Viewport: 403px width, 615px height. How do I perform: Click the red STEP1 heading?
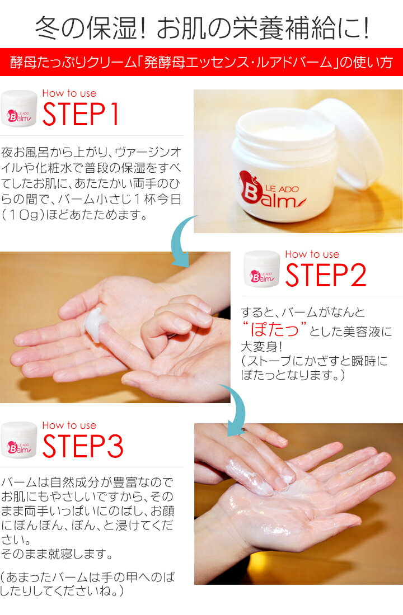(x=81, y=114)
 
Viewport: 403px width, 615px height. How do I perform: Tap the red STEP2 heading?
(x=326, y=275)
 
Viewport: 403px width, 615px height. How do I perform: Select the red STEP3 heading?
(x=82, y=446)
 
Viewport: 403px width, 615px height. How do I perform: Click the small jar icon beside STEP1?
(x=19, y=108)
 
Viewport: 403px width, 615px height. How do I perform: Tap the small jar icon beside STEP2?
(x=261, y=269)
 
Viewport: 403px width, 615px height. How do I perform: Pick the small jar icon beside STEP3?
(x=19, y=440)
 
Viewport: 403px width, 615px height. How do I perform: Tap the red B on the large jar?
(x=250, y=193)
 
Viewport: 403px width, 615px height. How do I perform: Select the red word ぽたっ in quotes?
(x=275, y=329)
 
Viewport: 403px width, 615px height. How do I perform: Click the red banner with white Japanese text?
(x=201, y=62)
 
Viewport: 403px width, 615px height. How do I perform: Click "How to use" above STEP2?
(x=312, y=254)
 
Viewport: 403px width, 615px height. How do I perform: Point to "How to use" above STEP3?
(x=69, y=425)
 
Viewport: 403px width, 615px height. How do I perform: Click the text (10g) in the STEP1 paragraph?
(x=24, y=215)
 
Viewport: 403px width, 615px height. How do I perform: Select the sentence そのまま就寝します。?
(x=57, y=554)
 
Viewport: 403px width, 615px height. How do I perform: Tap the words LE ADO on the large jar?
(x=282, y=189)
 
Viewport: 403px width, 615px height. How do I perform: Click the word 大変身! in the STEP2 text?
(x=261, y=347)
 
